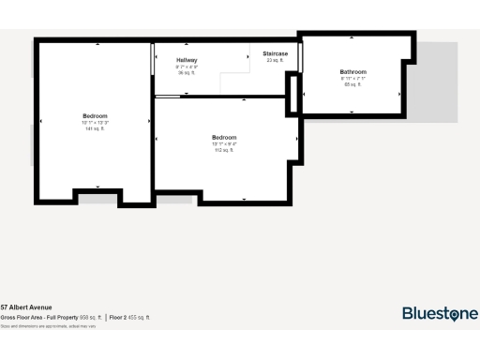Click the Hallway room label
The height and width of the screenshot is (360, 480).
coord(187,60)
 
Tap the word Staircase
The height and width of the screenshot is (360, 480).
coord(275,53)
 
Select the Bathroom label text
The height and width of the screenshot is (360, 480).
coord(352,72)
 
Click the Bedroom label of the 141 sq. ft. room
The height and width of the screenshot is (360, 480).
coord(95,116)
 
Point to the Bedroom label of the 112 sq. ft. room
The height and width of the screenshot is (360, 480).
coord(224,138)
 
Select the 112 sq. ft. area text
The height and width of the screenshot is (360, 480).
coord(224,150)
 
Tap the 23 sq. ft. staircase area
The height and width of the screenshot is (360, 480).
coord(275,60)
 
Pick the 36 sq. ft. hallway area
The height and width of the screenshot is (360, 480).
coord(187,73)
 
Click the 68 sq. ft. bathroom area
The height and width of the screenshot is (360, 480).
coord(352,84)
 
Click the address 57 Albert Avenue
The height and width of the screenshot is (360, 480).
coord(26,307)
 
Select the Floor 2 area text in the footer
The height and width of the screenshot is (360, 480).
coord(129,318)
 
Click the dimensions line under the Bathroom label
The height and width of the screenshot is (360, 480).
coord(352,79)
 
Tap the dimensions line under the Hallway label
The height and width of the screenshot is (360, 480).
coord(187,67)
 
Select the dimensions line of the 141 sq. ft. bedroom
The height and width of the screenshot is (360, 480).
coord(95,122)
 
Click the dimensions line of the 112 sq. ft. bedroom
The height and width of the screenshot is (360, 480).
coord(224,143)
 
